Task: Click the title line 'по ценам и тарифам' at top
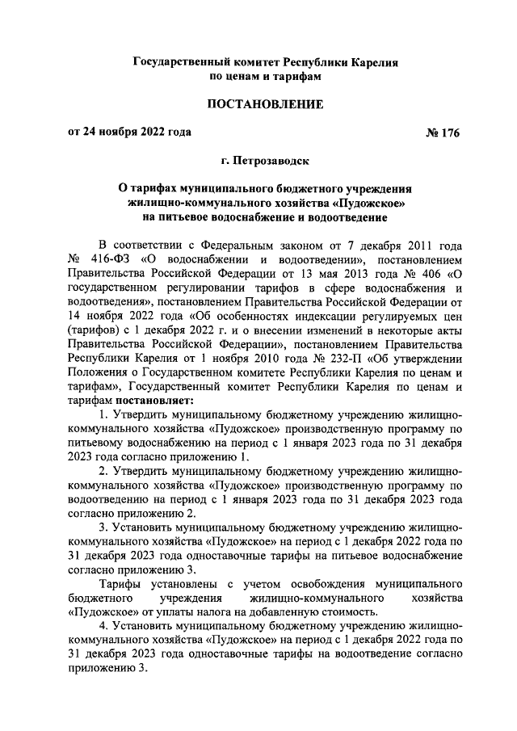(266, 75)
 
